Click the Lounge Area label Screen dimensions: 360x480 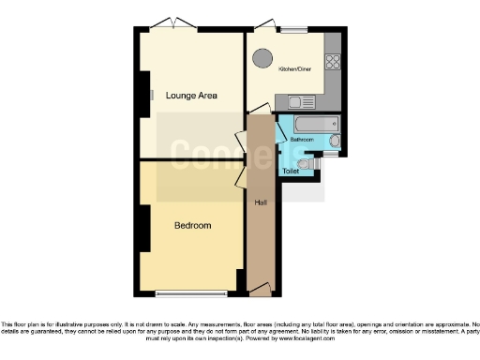click(191, 96)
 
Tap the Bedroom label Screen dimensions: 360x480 click(192, 226)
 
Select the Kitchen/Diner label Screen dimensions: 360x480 click(295, 68)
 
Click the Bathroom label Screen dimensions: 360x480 click(301, 140)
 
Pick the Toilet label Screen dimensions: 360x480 click(291, 171)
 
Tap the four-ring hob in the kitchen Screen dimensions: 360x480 click(332, 62)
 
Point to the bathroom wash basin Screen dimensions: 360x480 click(335, 142)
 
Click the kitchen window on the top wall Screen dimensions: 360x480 click(292, 29)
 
